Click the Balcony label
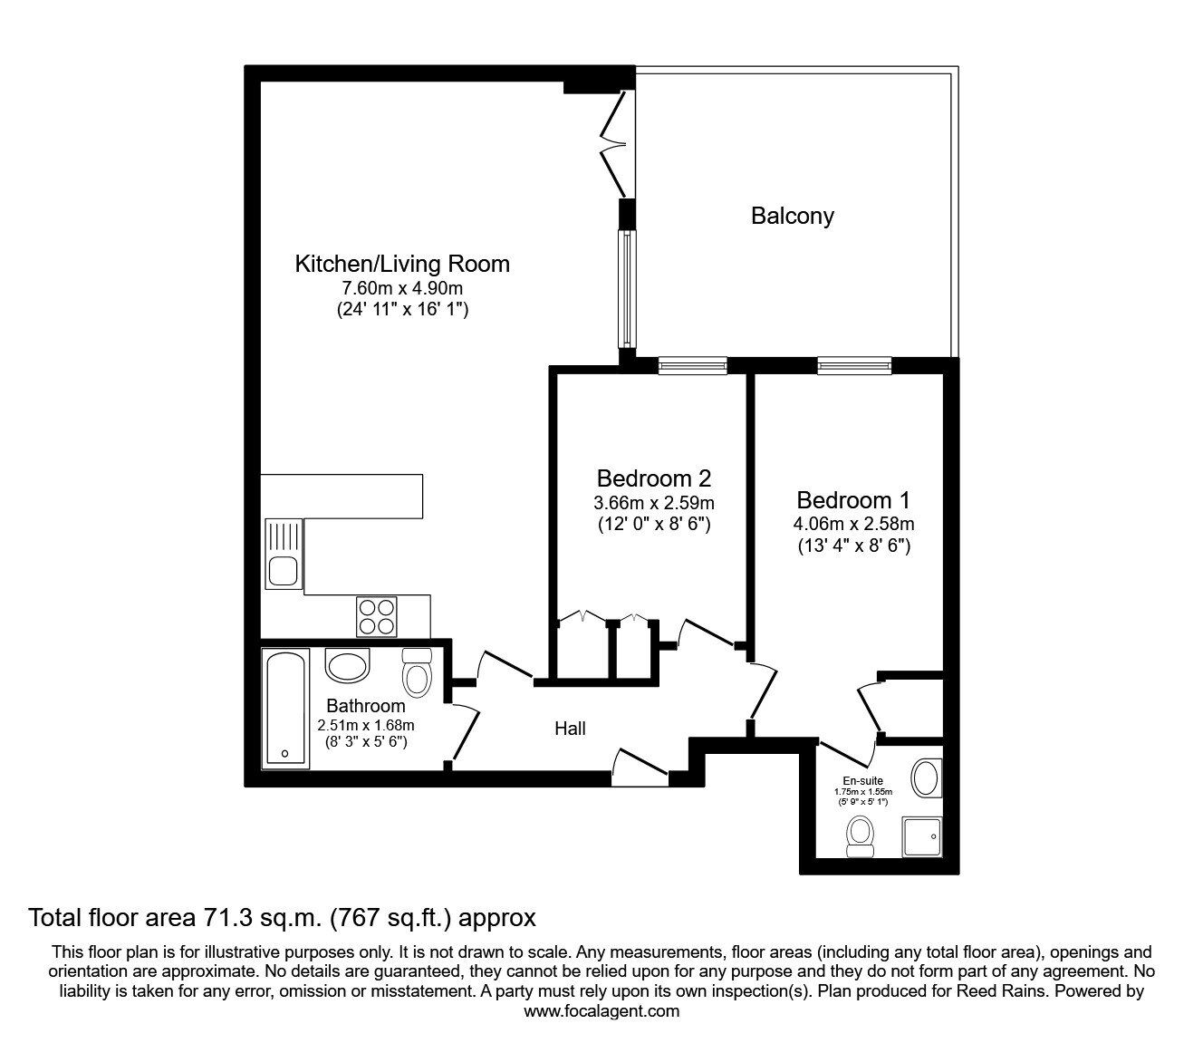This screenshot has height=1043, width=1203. pos(792,216)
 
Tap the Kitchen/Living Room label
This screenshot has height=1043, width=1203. pos(402,264)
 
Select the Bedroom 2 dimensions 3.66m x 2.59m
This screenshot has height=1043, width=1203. pos(654,502)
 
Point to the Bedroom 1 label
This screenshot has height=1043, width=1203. pos(853,500)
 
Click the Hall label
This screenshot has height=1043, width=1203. pos(570,729)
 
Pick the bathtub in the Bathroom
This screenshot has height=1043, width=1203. pos(285,708)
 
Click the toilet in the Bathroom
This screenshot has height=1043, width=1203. pos(417,672)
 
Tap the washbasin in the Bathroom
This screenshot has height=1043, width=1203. pos(348,665)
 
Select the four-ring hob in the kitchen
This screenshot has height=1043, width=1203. pos(376,617)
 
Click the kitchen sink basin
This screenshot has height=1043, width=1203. pos(283,570)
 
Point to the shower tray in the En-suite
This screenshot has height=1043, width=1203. pos(922,836)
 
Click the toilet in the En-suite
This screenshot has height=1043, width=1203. pos(861,835)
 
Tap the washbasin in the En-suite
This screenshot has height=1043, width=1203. pos(926,778)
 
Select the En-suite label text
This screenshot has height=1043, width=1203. pos(863,781)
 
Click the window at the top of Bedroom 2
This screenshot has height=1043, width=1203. pos(693,365)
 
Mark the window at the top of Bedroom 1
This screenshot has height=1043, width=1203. pos(854,365)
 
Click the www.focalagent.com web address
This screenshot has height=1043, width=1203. pos(601,1011)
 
